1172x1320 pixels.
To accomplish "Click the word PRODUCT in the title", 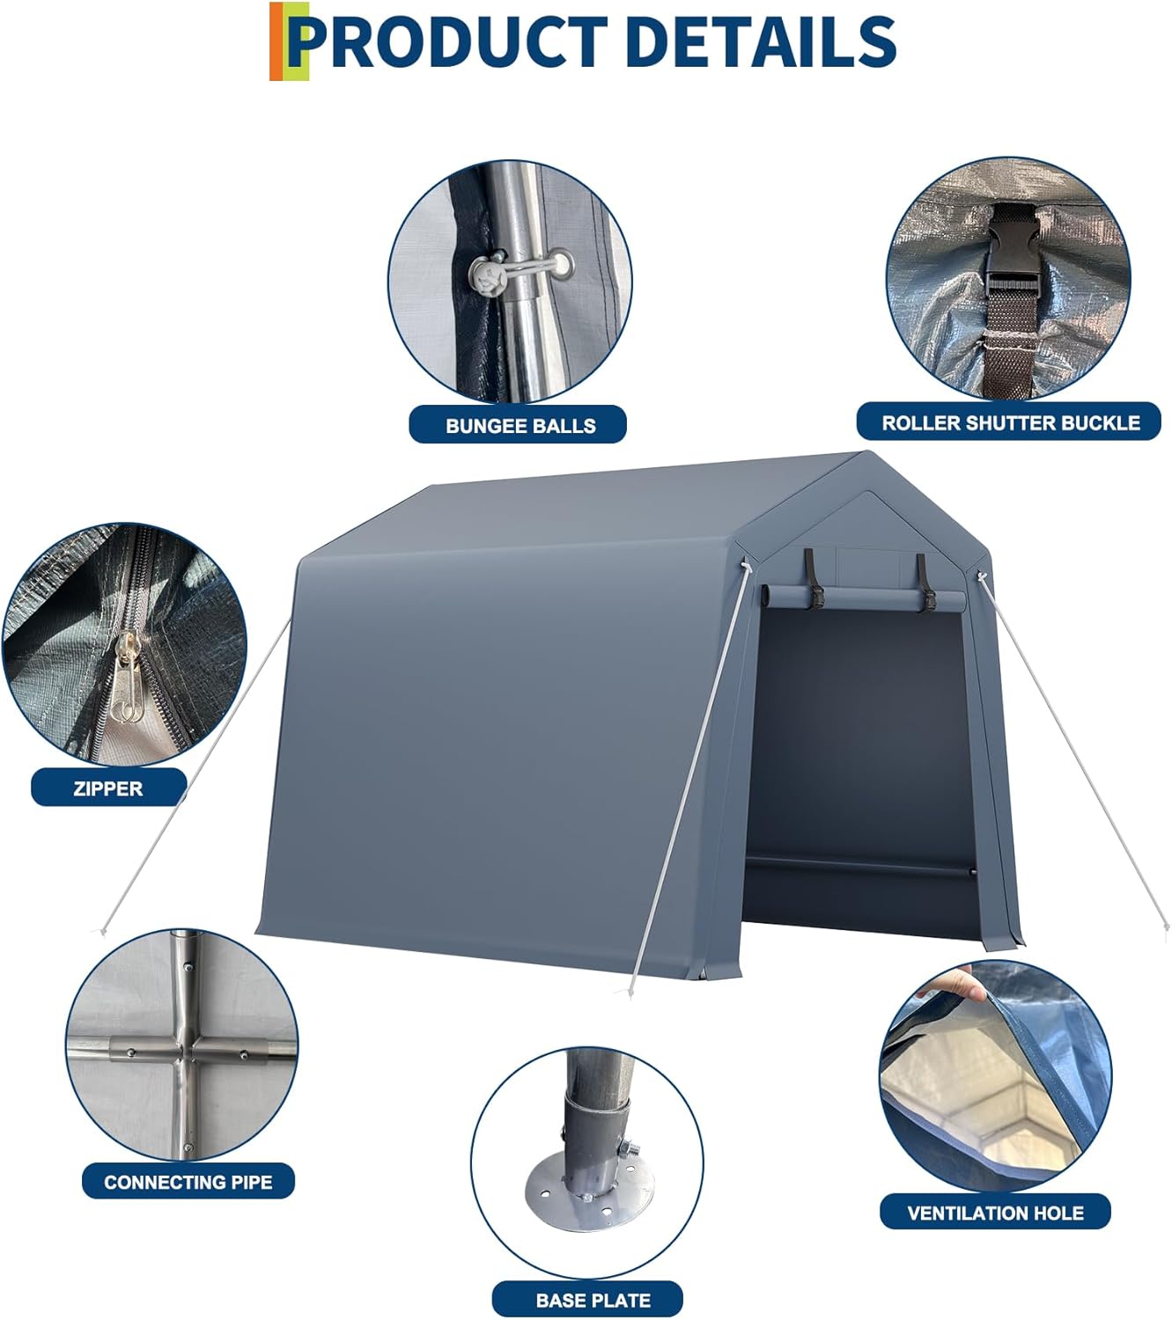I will (449, 41).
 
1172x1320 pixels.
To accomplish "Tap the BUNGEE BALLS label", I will (520, 425).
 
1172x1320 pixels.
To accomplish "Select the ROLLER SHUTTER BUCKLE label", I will (1010, 422).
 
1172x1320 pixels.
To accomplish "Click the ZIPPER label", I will (108, 788).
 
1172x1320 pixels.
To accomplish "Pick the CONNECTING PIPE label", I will (188, 1182).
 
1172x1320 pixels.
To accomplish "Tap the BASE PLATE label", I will (593, 1300).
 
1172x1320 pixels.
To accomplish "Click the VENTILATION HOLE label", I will (995, 1213).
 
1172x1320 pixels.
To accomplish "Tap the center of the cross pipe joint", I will (183, 1052).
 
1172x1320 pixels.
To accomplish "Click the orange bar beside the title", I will (276, 41).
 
